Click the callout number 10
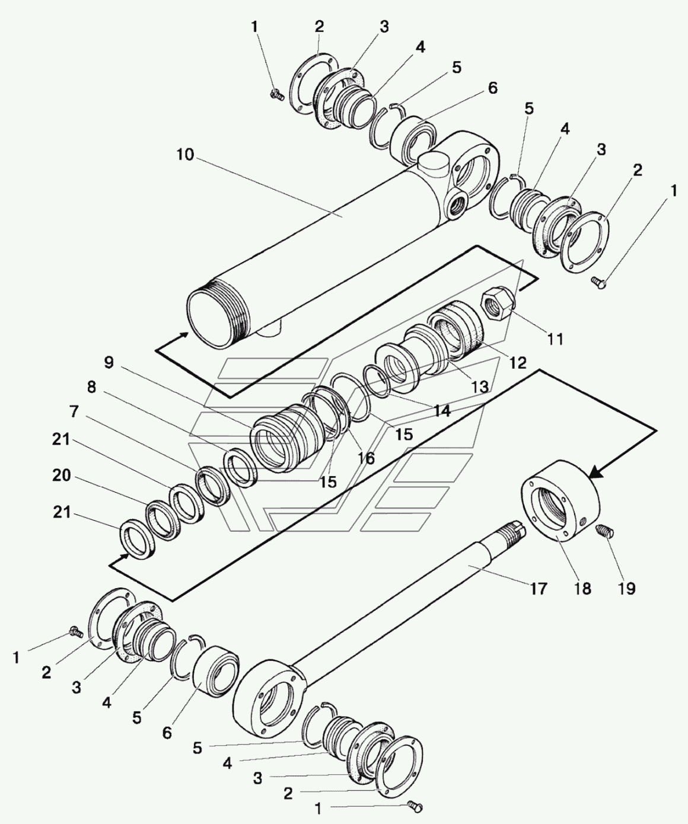(x=184, y=156)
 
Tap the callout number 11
(x=555, y=339)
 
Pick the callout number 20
(x=61, y=475)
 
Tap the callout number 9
(x=108, y=362)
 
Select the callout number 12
(x=518, y=363)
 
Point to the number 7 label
(x=74, y=411)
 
